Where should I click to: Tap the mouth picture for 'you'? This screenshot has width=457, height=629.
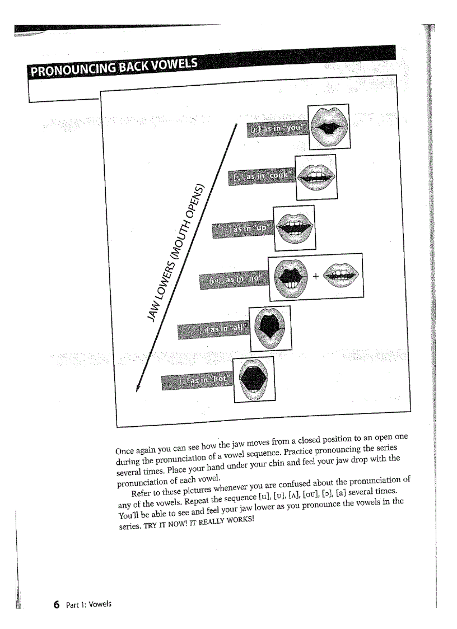330,126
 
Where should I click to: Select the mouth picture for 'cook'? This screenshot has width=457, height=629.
316,176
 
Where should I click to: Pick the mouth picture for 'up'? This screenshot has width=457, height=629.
294,227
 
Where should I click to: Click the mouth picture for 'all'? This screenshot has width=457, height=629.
269,328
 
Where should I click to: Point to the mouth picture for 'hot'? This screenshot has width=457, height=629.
254,379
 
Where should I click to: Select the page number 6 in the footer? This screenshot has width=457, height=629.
56,604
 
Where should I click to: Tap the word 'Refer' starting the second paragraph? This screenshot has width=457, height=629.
142,492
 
